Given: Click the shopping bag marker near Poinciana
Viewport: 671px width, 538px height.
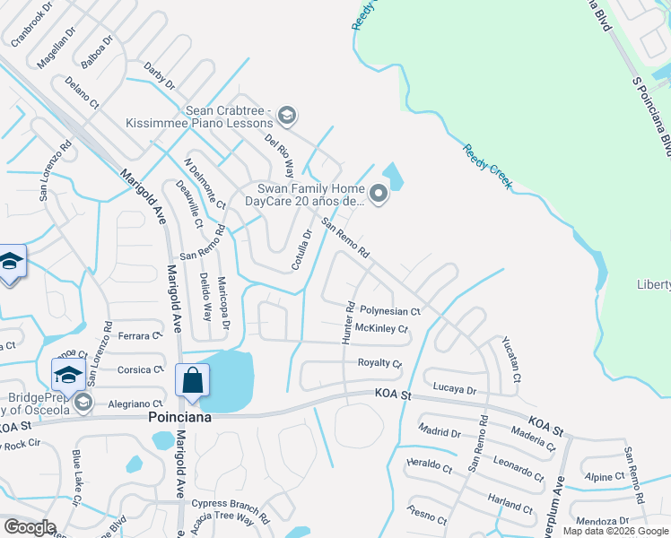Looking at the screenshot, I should click(x=193, y=380).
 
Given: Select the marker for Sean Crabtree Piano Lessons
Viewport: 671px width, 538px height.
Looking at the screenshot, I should click(x=287, y=115).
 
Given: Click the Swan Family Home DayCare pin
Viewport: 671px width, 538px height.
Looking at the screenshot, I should click(x=378, y=193).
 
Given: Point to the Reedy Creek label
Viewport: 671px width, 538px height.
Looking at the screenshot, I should click(x=487, y=166).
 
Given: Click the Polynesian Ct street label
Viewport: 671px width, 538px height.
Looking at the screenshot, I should click(x=390, y=311).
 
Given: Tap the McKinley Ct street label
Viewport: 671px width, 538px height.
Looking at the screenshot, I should click(x=382, y=329).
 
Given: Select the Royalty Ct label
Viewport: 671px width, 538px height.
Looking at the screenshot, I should click(x=379, y=363).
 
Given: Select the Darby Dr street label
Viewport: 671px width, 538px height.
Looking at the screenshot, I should click(x=160, y=75).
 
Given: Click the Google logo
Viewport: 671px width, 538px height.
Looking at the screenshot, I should click(x=29, y=527).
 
